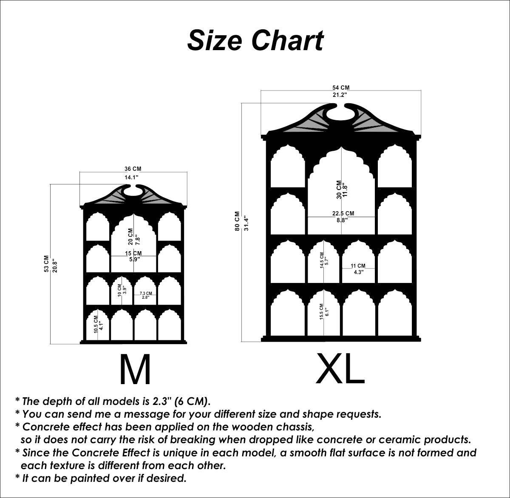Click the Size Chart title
click(255, 41)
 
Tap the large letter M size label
click(135, 369)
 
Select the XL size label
click(340, 368)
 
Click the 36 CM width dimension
click(133, 169)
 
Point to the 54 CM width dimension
click(341, 88)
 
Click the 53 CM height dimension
click(46, 264)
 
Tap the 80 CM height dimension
click(237, 221)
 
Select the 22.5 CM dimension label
click(343, 213)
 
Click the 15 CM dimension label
click(133, 253)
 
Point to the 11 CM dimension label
click(358, 266)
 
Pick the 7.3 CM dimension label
click(146, 293)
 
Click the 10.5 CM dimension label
click(96, 324)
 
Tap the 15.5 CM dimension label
click(322, 312)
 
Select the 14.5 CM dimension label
click(322, 260)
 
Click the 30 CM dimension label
click(339, 190)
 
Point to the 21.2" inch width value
click(340, 95)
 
